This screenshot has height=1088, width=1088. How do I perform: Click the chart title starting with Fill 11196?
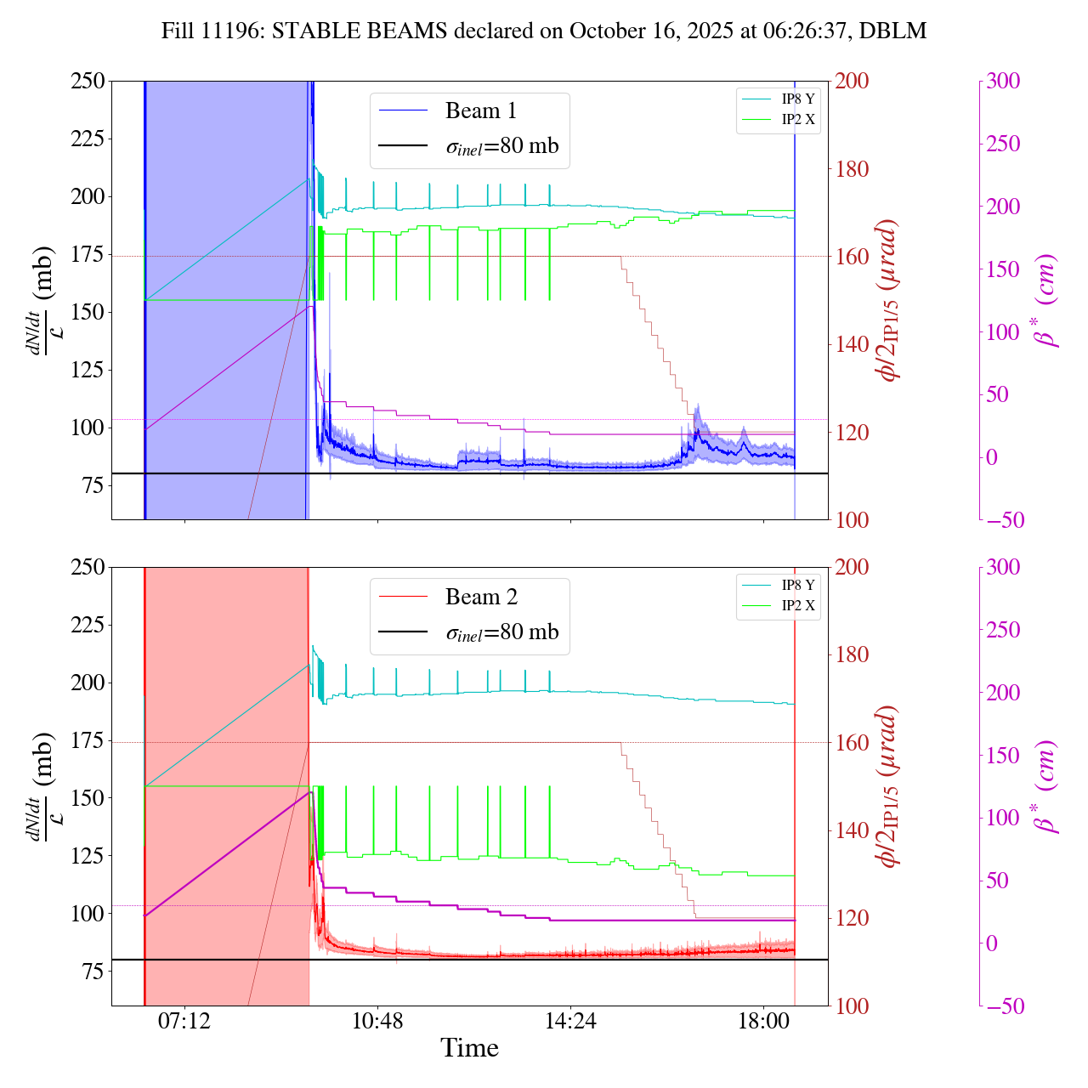[x=544, y=31]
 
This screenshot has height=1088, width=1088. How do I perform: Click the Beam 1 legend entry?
[x=480, y=111]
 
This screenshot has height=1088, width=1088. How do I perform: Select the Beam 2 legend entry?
[x=480, y=598]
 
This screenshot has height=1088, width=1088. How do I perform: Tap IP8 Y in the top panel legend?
[x=797, y=99]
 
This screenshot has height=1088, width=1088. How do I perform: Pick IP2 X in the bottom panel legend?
[x=797, y=605]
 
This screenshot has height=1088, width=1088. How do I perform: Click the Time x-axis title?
[x=469, y=1048]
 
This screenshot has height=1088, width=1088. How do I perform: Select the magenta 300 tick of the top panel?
[x=1003, y=82]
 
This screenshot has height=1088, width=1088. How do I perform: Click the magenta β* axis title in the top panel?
[x=1046, y=300]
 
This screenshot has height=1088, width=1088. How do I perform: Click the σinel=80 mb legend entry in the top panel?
[x=502, y=146]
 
